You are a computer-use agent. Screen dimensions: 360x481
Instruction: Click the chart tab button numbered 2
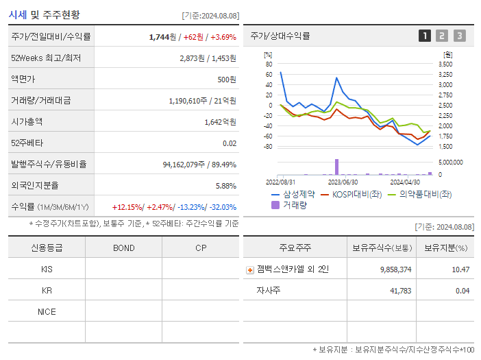(442, 36)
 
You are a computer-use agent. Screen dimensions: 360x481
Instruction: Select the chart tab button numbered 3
(459, 36)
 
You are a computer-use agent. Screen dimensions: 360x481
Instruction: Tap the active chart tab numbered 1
(425, 36)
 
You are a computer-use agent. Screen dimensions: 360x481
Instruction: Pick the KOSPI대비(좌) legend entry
(352, 195)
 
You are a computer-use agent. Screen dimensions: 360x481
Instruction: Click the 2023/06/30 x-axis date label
(343, 182)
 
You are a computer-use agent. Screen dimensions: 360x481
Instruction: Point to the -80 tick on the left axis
(268, 147)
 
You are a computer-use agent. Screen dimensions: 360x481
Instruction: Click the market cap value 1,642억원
(220, 121)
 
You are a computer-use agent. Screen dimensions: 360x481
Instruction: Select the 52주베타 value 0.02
(230, 143)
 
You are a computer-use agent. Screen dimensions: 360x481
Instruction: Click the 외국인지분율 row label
(35, 185)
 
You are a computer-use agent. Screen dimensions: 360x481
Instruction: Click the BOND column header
(123, 248)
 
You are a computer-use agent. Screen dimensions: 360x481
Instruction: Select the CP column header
(201, 248)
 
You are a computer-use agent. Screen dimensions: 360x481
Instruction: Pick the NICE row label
(47, 312)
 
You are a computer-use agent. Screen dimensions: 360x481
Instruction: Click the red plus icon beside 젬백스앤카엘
(250, 269)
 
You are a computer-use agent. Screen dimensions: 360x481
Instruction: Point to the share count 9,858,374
(395, 269)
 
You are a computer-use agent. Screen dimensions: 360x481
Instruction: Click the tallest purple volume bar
(336, 167)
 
